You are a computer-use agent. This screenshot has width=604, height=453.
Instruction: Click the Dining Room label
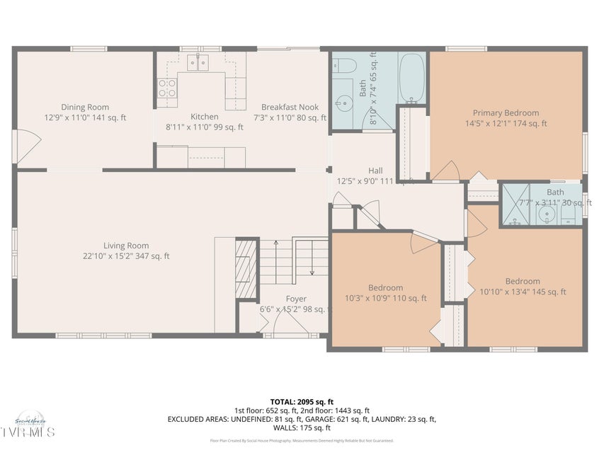(x=84, y=108)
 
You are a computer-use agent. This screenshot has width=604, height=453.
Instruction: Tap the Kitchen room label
(x=204, y=117)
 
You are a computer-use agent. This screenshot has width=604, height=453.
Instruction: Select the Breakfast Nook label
(x=290, y=108)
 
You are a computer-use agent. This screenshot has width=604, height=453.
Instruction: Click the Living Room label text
(x=126, y=246)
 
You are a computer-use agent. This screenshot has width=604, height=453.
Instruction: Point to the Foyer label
(x=296, y=299)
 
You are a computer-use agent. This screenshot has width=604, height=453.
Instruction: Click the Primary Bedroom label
(x=506, y=113)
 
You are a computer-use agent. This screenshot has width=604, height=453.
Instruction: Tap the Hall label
(x=375, y=171)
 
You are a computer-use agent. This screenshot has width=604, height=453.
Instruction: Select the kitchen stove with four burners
(x=167, y=88)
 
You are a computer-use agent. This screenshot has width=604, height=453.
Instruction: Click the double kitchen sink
(x=198, y=64)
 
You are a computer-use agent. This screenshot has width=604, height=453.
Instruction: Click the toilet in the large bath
(x=346, y=66)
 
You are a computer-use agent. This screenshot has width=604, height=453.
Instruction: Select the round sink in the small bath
(x=545, y=214)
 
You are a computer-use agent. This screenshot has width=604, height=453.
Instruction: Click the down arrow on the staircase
(x=312, y=272)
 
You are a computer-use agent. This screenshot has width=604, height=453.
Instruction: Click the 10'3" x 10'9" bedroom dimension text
(x=385, y=298)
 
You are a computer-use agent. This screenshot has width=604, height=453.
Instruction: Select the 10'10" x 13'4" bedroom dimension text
(x=522, y=292)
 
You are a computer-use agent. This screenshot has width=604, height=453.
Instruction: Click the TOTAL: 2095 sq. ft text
(x=302, y=401)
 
